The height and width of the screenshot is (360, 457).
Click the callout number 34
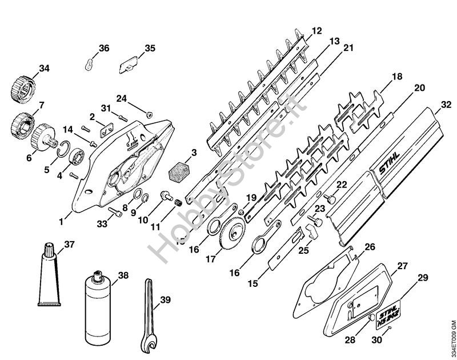coord(44,69)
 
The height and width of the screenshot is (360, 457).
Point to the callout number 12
coord(317,30)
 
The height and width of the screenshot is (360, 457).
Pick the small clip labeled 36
coord(90,62)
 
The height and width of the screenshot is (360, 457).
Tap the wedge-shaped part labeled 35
coord(128,66)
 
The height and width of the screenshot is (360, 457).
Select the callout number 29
coord(422,278)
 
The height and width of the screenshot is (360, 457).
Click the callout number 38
coord(123,275)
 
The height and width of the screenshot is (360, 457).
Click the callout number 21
coord(349,49)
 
